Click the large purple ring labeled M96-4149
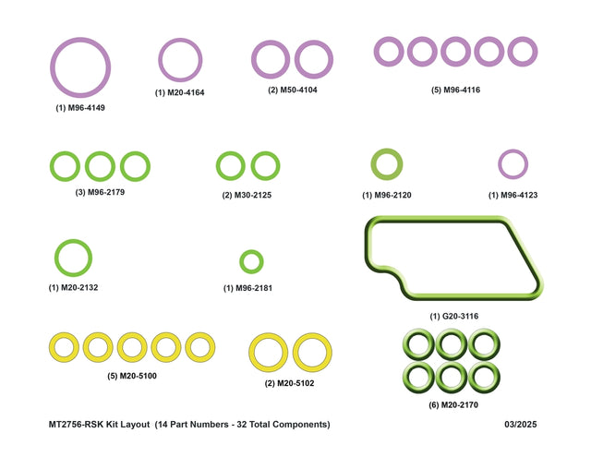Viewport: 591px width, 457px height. tap(53, 67)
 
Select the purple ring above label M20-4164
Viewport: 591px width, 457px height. tap(160, 60)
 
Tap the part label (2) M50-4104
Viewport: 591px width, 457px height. tap(293, 90)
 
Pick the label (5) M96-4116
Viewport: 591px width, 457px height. tap(455, 90)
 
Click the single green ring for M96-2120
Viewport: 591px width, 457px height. tap(374, 164)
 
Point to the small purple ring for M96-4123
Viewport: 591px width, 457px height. tap(500, 164)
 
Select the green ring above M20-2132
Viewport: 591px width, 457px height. tap(56, 258)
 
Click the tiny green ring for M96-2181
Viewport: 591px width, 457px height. tap(242, 261)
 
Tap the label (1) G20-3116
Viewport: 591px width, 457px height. tap(454, 316)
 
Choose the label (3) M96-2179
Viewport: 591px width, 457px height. tap(100, 192)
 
